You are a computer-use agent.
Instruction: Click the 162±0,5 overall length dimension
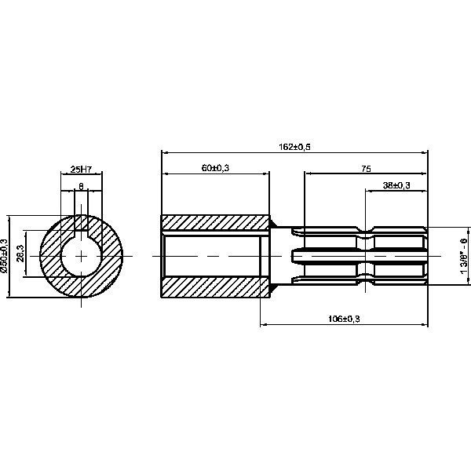tap(295, 147)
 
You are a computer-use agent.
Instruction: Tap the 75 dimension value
tap(366, 168)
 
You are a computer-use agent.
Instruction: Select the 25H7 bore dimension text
tap(82, 168)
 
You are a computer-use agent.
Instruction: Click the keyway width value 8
tap(82, 186)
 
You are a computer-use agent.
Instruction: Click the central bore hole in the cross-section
tap(82, 257)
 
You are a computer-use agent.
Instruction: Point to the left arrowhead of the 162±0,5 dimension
tap(164, 152)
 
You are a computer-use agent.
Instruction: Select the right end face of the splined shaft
tap(428, 256)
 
